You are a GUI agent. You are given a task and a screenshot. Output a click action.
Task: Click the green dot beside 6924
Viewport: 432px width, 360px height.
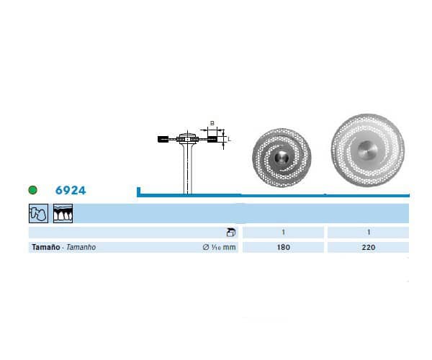[33, 190]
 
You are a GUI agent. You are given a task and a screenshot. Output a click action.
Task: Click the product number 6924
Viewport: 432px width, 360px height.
[71, 190]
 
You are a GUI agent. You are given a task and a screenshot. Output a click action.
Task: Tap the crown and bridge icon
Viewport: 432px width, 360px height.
[39, 213]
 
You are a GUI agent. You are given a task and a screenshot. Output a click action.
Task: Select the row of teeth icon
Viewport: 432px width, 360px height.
[63, 213]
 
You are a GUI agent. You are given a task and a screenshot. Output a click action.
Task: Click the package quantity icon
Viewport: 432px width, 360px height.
[231, 233]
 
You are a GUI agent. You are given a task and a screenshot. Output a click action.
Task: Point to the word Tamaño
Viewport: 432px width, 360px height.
[46, 247]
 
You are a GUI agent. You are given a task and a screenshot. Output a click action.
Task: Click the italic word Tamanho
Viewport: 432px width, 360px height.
[81, 247]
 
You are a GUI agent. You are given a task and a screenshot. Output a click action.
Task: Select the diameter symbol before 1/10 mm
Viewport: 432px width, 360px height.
[206, 247]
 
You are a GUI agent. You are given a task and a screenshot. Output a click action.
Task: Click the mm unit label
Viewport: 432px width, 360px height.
[229, 248]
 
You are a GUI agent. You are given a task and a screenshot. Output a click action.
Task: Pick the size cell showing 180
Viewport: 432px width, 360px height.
[283, 248]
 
